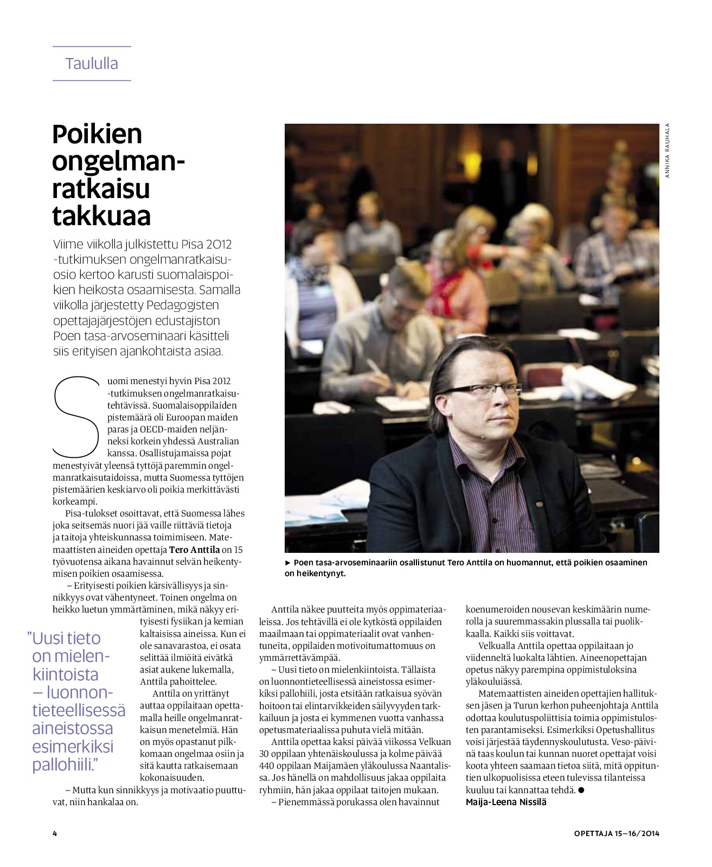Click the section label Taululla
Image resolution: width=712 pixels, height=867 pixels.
(x=92, y=63)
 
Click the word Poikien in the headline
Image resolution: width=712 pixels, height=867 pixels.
(x=97, y=134)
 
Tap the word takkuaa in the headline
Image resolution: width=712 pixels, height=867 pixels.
(x=101, y=215)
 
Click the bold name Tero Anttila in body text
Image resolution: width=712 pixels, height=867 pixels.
(x=194, y=549)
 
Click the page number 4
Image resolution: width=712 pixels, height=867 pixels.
(x=55, y=833)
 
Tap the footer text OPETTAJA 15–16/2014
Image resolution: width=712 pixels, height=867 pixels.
(x=617, y=833)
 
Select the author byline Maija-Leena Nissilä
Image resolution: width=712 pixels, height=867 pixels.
(x=506, y=802)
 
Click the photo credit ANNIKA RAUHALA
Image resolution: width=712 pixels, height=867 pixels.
(x=668, y=151)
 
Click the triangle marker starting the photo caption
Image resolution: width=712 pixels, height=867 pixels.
(x=288, y=563)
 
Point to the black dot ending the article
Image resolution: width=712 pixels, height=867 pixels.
(x=581, y=790)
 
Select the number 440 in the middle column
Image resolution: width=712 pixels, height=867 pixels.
(x=267, y=766)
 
